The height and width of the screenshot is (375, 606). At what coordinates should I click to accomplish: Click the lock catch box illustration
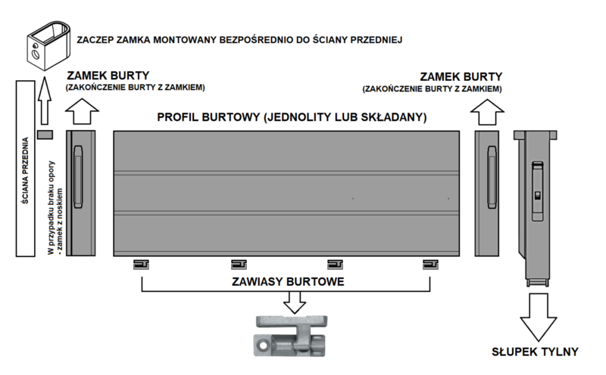pyautogui.click(x=48, y=46)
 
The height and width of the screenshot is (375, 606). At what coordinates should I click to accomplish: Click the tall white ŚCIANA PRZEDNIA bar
pyautogui.click(x=26, y=169)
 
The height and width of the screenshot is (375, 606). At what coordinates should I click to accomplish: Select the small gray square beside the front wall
pyautogui.click(x=45, y=135)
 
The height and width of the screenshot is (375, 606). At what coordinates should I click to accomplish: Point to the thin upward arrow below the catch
pyautogui.click(x=45, y=101)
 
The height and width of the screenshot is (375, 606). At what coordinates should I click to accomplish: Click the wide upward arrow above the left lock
pyautogui.click(x=82, y=111)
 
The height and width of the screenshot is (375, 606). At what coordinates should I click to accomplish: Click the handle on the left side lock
pyautogui.click(x=78, y=177)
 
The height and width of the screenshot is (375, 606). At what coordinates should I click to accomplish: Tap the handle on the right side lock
pyautogui.click(x=492, y=177)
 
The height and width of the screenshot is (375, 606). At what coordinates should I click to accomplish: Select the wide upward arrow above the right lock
pyautogui.click(x=487, y=112)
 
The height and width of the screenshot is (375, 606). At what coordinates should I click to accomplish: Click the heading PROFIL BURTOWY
pyautogui.click(x=208, y=117)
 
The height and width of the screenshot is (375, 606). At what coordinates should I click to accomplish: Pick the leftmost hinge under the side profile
pyautogui.click(x=141, y=265)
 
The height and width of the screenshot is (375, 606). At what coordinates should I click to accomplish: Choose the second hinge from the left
pyautogui.click(x=239, y=265)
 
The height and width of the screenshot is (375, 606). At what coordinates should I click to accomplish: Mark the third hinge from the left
pyautogui.click(x=335, y=265)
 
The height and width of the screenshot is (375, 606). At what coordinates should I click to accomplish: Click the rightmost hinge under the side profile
pyautogui.click(x=430, y=265)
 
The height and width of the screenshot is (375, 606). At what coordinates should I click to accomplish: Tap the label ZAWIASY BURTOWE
pyautogui.click(x=288, y=282)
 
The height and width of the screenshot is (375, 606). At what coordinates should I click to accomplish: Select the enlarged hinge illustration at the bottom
pyautogui.click(x=291, y=336)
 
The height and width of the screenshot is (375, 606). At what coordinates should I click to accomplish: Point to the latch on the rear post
pyautogui.click(x=538, y=191)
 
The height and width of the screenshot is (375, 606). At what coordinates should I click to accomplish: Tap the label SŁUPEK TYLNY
pyautogui.click(x=535, y=352)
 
